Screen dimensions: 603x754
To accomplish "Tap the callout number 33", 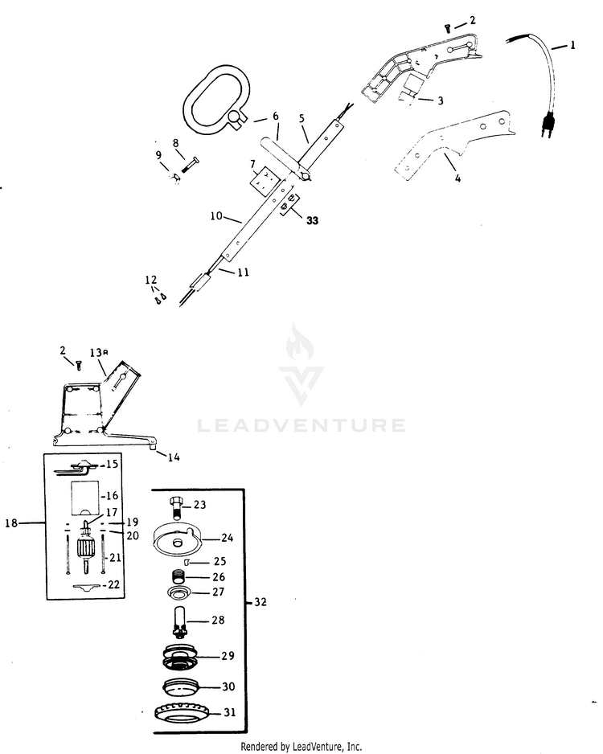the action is (x=312, y=221).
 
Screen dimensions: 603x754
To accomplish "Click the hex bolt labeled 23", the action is (x=176, y=508).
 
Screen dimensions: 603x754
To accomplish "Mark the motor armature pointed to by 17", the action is (x=87, y=548).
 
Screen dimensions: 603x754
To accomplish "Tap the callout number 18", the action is (x=11, y=522).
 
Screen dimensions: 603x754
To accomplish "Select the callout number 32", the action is (x=260, y=601).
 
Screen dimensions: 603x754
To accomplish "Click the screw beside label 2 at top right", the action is (x=448, y=29).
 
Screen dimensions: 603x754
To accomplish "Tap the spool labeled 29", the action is (x=180, y=657).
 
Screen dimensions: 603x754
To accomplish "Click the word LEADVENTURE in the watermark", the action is (x=301, y=425).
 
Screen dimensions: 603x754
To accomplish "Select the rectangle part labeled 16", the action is (x=85, y=496).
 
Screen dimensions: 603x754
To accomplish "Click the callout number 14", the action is (x=174, y=457).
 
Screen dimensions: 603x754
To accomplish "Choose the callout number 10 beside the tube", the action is (x=216, y=216).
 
